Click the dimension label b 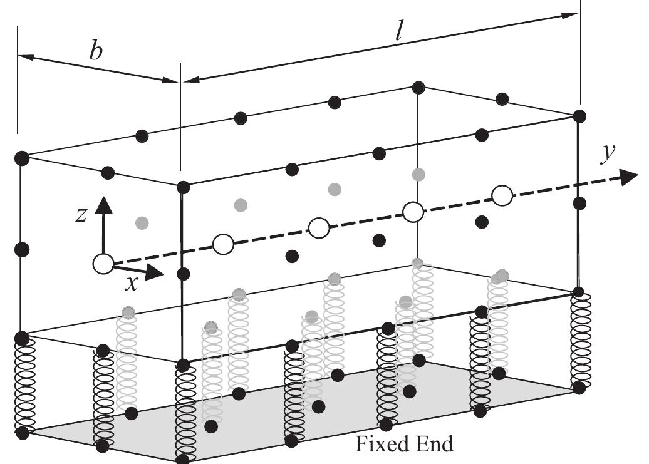point(96,51)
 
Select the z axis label point(81,215)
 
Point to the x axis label point(131,284)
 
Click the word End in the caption point(433,445)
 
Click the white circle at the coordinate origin point(103,264)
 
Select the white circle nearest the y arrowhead point(501,195)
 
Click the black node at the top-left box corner point(22,158)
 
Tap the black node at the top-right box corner point(580,116)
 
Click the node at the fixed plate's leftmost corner point(23,432)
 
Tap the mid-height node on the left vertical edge point(22,249)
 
